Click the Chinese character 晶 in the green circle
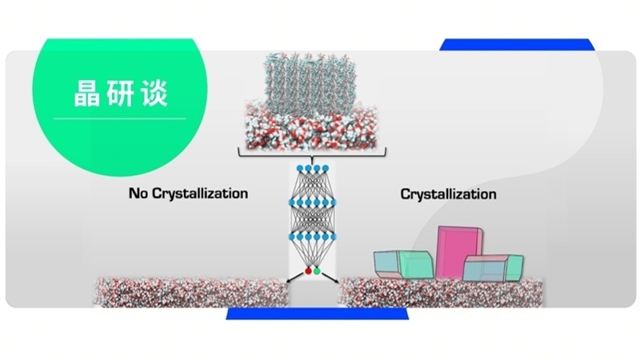[78, 92]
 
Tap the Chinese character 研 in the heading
[118, 92]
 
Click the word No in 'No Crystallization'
[138, 193]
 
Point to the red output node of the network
[308, 271]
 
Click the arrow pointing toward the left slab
[292, 279]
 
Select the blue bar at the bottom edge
[312, 314]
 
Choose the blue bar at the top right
[516, 44]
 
